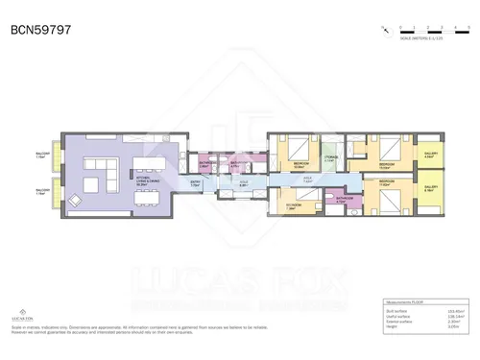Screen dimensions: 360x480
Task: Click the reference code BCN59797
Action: tap(39, 30)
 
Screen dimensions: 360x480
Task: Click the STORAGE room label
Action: tap(328, 158)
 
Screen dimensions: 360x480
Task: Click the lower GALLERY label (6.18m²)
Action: tap(429, 188)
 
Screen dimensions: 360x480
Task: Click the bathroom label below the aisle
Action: tap(344, 200)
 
